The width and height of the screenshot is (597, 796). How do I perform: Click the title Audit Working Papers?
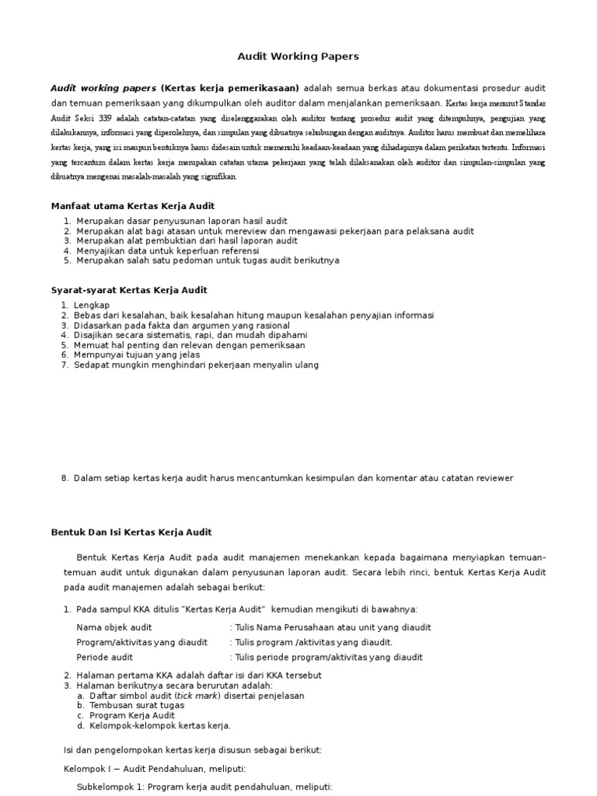click(x=298, y=57)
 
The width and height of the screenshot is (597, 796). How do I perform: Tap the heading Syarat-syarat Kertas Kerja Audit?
click(x=129, y=290)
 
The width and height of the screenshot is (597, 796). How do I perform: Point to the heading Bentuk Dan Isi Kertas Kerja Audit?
click(x=131, y=532)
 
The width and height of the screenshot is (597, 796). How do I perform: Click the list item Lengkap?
click(x=93, y=304)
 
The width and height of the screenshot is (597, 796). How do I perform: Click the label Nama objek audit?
click(x=114, y=627)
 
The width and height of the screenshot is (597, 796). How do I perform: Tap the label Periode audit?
click(x=105, y=657)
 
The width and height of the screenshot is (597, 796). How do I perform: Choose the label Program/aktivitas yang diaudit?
click(x=141, y=642)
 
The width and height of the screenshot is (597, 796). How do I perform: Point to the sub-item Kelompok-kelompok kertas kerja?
click(x=160, y=726)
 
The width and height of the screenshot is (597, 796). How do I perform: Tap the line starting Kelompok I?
click(x=154, y=769)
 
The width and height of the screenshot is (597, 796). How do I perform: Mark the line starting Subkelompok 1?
click(x=204, y=787)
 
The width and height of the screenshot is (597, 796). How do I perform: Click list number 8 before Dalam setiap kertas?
click(x=65, y=478)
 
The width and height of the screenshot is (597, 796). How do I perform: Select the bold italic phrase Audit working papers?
click(x=103, y=88)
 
